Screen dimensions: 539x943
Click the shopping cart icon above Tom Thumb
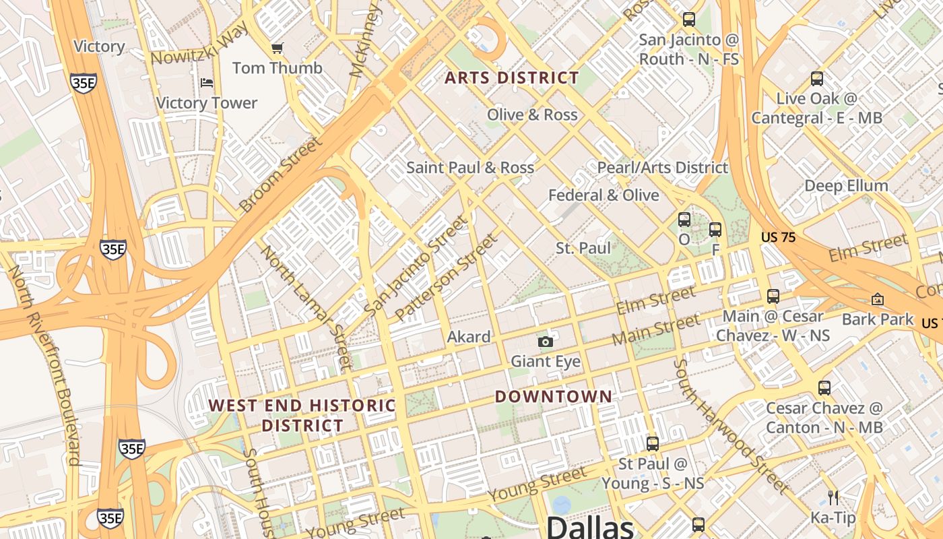click(277, 48)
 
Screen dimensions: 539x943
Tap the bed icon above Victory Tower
click(207, 83)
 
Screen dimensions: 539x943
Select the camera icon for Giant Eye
click(546, 342)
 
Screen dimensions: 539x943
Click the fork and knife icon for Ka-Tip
click(833, 498)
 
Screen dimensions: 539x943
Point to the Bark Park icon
click(878, 299)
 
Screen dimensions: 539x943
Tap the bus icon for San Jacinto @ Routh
click(688, 20)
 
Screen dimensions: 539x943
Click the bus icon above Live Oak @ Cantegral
click(817, 79)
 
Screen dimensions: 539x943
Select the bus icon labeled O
click(684, 220)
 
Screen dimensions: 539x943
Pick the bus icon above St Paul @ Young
click(652, 444)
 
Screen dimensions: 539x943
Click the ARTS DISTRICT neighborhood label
click(512, 78)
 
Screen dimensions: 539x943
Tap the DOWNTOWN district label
click(554, 396)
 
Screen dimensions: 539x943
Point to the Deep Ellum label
click(846, 186)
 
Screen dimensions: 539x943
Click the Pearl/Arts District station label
click(663, 168)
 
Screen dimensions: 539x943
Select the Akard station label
click(469, 337)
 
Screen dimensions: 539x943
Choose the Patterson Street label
click(447, 277)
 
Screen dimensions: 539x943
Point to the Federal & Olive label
click(604, 195)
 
